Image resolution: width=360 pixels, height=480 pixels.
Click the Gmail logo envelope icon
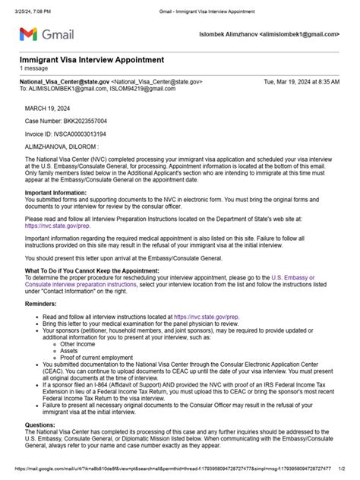coord(28,34)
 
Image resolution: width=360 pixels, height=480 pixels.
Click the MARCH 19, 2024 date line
coord(47,108)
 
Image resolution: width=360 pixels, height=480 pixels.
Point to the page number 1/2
coord(343,469)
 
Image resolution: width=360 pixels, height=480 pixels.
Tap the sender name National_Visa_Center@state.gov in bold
coord(64,81)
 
